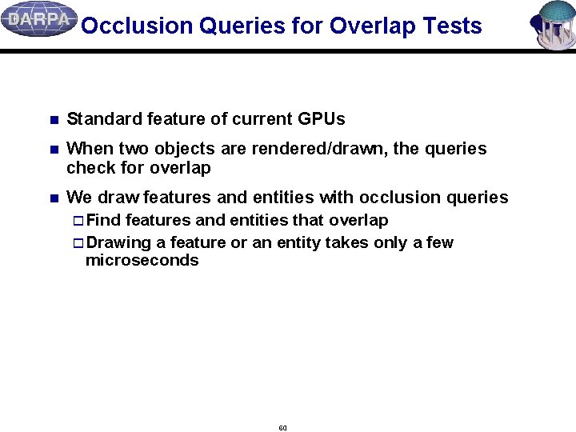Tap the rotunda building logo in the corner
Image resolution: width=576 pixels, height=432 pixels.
coord(553,24)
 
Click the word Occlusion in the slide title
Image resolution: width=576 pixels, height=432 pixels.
coord(136,26)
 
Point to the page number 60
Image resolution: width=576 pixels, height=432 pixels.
coord(282,428)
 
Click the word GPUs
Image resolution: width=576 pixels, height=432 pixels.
coord(321,119)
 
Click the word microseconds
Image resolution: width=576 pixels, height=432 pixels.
coord(142,261)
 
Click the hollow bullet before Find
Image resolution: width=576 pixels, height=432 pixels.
coord(78,221)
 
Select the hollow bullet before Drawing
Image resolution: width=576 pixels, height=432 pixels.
coord(78,243)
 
